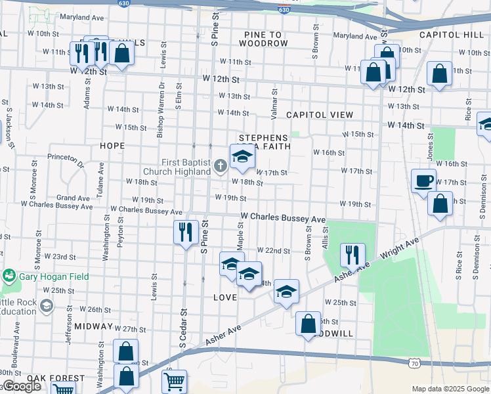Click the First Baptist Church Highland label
point(188,167)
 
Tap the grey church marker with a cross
point(220,167)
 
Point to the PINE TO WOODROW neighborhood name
point(263,39)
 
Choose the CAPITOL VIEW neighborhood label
point(320,115)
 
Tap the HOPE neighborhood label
point(112,146)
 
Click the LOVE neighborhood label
point(225,297)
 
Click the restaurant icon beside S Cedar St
point(186,232)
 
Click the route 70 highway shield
point(414,362)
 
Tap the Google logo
point(22,386)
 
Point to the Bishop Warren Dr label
point(160,109)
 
